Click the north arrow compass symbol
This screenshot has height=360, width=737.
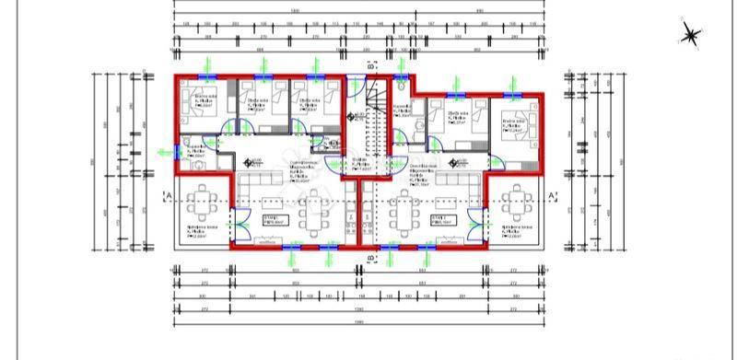tap(690, 35)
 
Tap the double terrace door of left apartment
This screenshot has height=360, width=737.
tap(242, 222)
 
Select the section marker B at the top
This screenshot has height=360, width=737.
tap(370, 65)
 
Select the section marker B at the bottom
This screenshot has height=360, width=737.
tap(370, 259)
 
